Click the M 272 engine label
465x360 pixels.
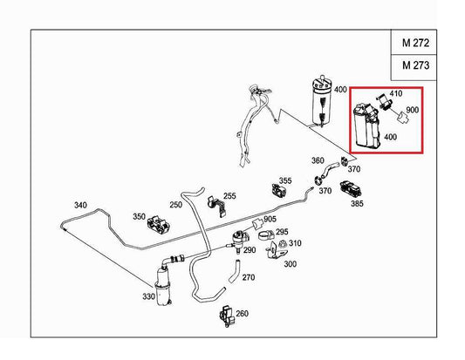tap(415, 44)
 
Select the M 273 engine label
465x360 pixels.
tap(415, 65)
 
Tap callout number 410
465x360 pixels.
tap(396, 93)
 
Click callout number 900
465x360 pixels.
tap(412, 110)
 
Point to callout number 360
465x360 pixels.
tap(318, 160)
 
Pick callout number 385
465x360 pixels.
tap(357, 204)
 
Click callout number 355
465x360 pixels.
tap(285, 180)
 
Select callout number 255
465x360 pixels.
tap(229, 196)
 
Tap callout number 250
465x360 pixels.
tap(176, 205)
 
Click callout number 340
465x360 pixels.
tap(80, 205)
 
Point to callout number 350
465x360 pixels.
tap(139, 216)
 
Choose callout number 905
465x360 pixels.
tap(270, 220)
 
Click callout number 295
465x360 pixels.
tap(282, 232)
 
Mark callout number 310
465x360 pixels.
tap(295, 243)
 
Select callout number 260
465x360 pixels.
tap(242, 314)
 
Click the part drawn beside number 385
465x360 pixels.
tap(351, 189)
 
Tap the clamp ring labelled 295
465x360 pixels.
tap(266, 235)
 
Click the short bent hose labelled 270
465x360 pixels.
tap(235, 271)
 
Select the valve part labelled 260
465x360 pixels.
tap(227, 316)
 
